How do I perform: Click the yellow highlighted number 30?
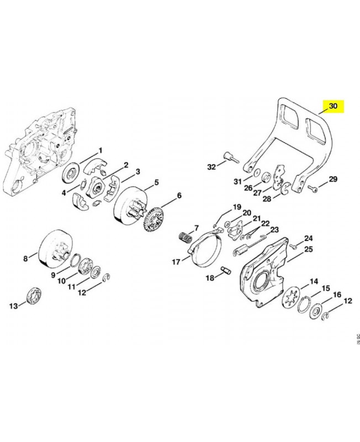332,107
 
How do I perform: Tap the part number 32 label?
211,166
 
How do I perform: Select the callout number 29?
332,179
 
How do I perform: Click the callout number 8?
25,258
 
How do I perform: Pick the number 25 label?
308,250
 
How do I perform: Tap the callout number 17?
176,262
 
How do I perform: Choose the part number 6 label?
178,195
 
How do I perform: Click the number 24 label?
309,238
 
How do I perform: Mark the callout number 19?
237,207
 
